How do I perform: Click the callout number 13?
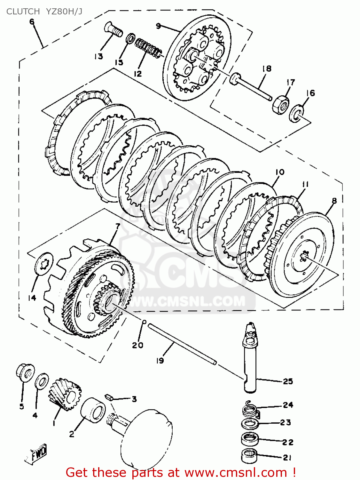pos(98,57)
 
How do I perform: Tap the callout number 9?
pos(158,26)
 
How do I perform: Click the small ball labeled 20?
pos(144,322)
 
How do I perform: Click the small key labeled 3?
pos(109,397)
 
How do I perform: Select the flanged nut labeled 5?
pos(25,373)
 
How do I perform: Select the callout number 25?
pos(288,381)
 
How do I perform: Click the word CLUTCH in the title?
pos(23,12)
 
